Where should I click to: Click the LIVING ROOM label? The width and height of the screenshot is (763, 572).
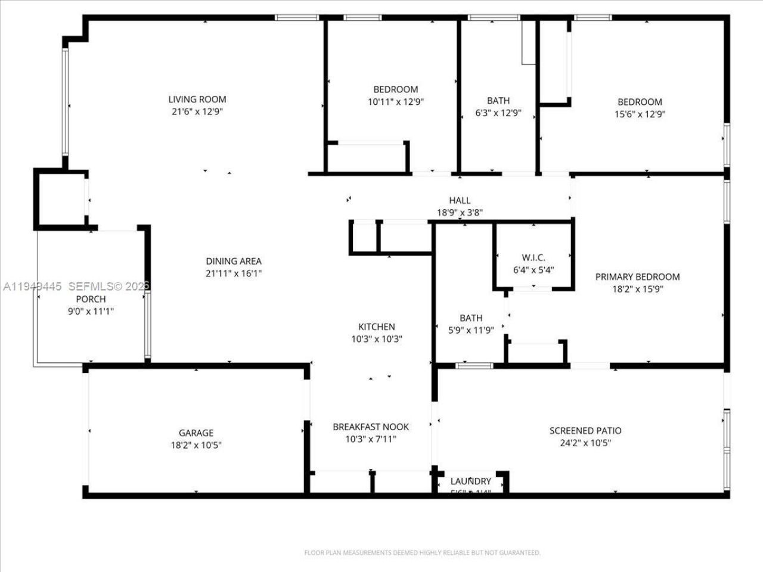click(x=197, y=100)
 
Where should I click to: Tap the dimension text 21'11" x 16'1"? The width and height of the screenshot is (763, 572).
click(x=234, y=273)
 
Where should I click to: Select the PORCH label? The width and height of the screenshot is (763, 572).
click(x=91, y=299)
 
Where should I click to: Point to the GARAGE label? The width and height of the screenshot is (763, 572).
click(x=196, y=433)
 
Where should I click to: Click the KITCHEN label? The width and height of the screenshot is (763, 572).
click(x=376, y=327)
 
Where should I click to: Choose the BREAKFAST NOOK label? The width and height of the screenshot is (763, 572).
click(x=371, y=427)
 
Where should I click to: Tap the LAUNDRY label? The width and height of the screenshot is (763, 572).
click(x=471, y=481)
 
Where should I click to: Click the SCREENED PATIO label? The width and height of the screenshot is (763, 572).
click(x=585, y=430)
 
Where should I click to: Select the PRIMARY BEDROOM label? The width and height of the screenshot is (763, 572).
click(x=637, y=276)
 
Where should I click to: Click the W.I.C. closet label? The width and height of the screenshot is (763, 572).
click(x=534, y=257)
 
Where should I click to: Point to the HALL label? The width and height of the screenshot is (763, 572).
click(x=460, y=200)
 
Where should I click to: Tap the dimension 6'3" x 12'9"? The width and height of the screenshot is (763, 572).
click(x=498, y=113)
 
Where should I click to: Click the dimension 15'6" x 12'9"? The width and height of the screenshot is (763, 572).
click(x=640, y=114)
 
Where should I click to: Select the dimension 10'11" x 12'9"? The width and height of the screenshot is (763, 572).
click(x=396, y=102)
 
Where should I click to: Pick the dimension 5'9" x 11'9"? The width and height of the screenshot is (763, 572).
click(x=471, y=331)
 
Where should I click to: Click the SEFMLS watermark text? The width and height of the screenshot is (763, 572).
click(x=110, y=287)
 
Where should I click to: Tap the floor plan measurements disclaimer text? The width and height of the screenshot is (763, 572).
click(x=422, y=553)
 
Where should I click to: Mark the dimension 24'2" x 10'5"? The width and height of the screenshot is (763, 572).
click(x=585, y=443)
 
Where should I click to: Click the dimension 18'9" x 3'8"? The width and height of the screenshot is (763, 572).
click(x=460, y=212)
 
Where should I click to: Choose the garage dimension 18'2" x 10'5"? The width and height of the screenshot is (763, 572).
click(x=196, y=445)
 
